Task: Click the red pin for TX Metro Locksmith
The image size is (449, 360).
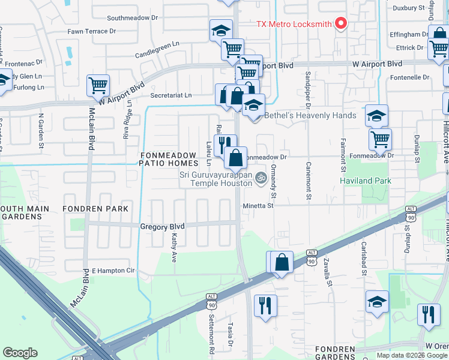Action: click(341, 23)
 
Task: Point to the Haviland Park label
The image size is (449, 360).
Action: click(366, 181)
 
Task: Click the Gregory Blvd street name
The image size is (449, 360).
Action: click(162, 226)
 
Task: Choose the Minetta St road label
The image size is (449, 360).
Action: click(258, 205)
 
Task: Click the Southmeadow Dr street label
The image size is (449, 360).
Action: click(132, 18)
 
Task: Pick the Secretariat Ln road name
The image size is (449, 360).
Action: click(171, 95)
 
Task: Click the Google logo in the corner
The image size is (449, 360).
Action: click(20, 353)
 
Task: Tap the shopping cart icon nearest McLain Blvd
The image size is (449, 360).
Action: click(98, 85)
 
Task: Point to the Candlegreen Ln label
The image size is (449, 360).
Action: click(157, 44)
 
